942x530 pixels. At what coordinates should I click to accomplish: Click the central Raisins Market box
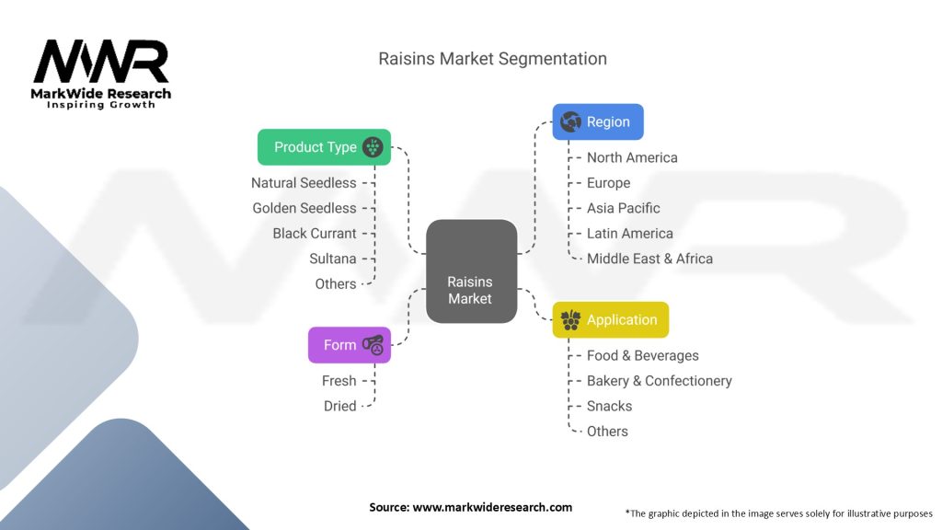coord(470,271)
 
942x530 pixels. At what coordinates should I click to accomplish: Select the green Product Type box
coord(324,147)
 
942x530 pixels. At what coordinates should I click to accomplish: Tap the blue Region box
coord(598,121)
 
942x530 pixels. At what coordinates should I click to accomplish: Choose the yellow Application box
coord(610,320)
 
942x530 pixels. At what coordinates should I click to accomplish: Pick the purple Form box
coord(349,345)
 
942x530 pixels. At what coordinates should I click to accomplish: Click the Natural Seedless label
coord(304,183)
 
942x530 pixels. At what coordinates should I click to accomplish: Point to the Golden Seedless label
coord(304,208)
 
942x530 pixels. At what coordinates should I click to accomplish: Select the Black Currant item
coord(315,234)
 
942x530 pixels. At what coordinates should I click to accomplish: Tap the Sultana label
coord(333,259)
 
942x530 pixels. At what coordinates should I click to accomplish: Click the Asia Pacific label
coord(624,208)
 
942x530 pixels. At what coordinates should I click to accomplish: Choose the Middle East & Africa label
coord(649,259)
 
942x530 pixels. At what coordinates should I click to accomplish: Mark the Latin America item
coord(630,234)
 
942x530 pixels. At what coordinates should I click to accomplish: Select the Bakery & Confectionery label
coord(660,381)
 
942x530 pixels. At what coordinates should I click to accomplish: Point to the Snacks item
coord(610,406)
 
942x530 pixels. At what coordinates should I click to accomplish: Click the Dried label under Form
coord(339,406)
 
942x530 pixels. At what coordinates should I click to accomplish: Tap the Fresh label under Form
coord(339,381)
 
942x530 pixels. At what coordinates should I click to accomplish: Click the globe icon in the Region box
coord(570,121)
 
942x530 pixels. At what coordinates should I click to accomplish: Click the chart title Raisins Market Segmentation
coord(493,59)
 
